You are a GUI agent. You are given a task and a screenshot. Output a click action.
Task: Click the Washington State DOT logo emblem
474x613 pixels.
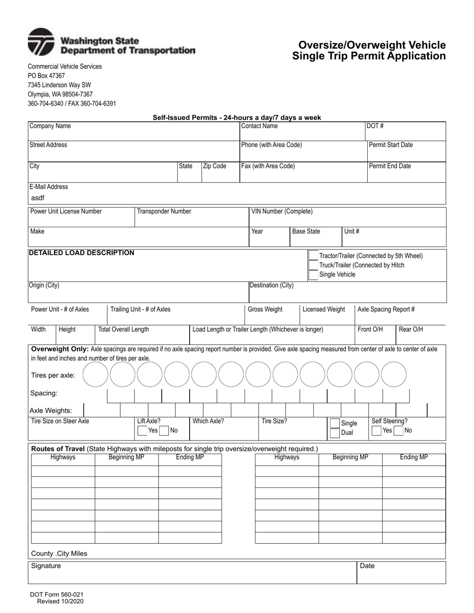pos(41,42)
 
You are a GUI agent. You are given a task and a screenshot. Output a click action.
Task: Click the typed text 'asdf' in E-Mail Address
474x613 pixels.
pos(38,198)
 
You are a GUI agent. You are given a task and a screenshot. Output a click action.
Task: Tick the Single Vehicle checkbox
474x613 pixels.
pos(313,275)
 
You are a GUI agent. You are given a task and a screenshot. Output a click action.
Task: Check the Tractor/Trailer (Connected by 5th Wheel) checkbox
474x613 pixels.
pos(313,256)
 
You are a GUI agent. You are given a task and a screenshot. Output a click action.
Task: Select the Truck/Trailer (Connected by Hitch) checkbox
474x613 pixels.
pos(313,265)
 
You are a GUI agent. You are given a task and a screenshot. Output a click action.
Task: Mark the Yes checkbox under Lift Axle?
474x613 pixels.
pos(142,430)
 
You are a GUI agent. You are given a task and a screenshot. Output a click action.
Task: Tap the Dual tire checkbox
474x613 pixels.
pos(334,433)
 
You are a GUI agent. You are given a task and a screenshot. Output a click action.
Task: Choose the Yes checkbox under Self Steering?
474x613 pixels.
pos(377,430)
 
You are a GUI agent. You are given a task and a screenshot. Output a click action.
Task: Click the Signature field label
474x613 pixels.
pos(46,566)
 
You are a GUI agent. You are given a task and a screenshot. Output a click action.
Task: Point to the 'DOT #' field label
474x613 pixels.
pos(375,126)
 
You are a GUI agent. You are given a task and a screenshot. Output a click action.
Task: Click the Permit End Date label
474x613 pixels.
pos(390,166)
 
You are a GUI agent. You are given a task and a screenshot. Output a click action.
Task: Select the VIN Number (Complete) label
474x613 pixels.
pos(282,211)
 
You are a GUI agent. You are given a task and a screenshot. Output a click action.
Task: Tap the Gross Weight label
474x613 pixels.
pos(265,309)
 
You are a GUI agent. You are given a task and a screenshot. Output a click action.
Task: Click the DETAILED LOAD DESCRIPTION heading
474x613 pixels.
pos(81,253)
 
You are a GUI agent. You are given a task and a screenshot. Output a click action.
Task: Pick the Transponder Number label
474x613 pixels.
pos(164,211)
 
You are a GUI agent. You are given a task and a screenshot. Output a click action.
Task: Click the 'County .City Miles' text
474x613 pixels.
pos(59,554)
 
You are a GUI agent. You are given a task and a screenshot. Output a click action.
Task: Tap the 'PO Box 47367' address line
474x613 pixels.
pos(46,76)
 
